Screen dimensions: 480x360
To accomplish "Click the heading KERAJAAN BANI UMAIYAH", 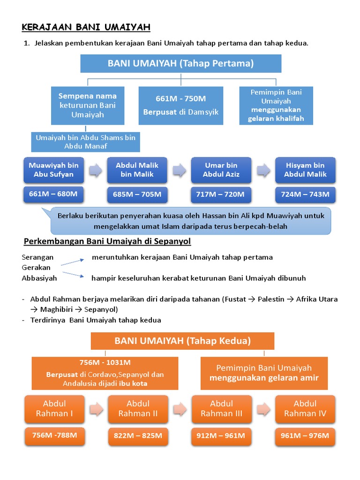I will (x=86, y=28).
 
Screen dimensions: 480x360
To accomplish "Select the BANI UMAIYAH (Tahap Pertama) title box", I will (x=180, y=63).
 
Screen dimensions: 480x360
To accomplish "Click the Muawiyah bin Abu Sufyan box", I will (x=53, y=170).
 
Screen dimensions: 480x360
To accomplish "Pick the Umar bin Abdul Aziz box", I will (x=221, y=170).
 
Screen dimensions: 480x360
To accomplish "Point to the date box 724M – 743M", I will (x=306, y=194).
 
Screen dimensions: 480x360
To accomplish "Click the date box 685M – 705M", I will (x=137, y=194).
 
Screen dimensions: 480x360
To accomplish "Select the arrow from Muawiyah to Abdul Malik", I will (x=96, y=170).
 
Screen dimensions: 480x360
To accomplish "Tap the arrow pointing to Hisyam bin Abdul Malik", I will (x=263, y=170).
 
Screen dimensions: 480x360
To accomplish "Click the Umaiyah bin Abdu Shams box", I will (x=86, y=142).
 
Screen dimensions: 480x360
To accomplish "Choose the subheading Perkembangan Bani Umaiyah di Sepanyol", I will (x=107, y=241).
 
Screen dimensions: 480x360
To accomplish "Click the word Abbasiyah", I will (x=39, y=278).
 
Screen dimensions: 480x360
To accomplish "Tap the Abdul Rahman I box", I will (x=54, y=408).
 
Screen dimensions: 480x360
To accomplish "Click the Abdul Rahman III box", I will (x=221, y=408).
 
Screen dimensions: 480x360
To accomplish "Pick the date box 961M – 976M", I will (x=305, y=435).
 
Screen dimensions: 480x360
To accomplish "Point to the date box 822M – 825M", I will (x=138, y=435).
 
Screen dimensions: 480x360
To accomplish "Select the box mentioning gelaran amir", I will (x=264, y=373).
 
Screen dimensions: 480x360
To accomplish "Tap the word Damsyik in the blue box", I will (x=202, y=112).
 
